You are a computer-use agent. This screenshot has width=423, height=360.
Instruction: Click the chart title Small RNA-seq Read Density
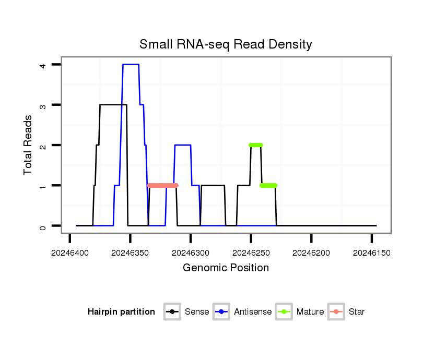(226, 44)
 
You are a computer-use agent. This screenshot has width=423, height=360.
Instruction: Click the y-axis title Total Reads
(29, 145)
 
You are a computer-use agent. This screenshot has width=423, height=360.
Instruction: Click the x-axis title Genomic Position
(226, 268)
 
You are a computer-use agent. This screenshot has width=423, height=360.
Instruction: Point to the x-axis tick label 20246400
(70, 253)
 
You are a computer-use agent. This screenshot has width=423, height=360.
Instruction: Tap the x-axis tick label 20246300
(191, 253)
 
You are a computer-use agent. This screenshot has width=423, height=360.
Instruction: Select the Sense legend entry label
(197, 312)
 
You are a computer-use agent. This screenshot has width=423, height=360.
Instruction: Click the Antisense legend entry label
(253, 312)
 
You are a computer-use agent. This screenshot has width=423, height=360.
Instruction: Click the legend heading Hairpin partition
(121, 312)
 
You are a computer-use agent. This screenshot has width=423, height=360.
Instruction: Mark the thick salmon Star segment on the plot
(163, 185)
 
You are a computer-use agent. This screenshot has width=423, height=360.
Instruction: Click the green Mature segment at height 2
(256, 145)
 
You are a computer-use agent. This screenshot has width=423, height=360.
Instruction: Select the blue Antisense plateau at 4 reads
(131, 65)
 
